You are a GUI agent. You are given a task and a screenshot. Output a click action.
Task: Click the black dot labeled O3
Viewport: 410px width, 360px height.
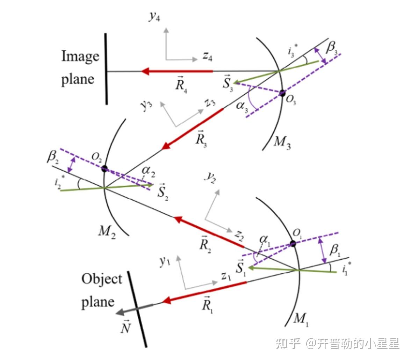(x=282, y=93)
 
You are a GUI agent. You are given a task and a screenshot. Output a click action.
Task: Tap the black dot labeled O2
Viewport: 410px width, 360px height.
(x=104, y=169)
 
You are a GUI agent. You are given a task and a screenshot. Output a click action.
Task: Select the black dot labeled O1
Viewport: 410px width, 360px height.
(x=293, y=243)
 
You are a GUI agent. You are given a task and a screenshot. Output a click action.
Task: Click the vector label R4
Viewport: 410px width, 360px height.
(x=181, y=84)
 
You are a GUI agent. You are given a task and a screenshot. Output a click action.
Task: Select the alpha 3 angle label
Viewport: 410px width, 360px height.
(x=241, y=105)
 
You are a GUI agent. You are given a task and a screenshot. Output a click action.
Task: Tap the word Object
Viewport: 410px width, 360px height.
(x=102, y=280)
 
